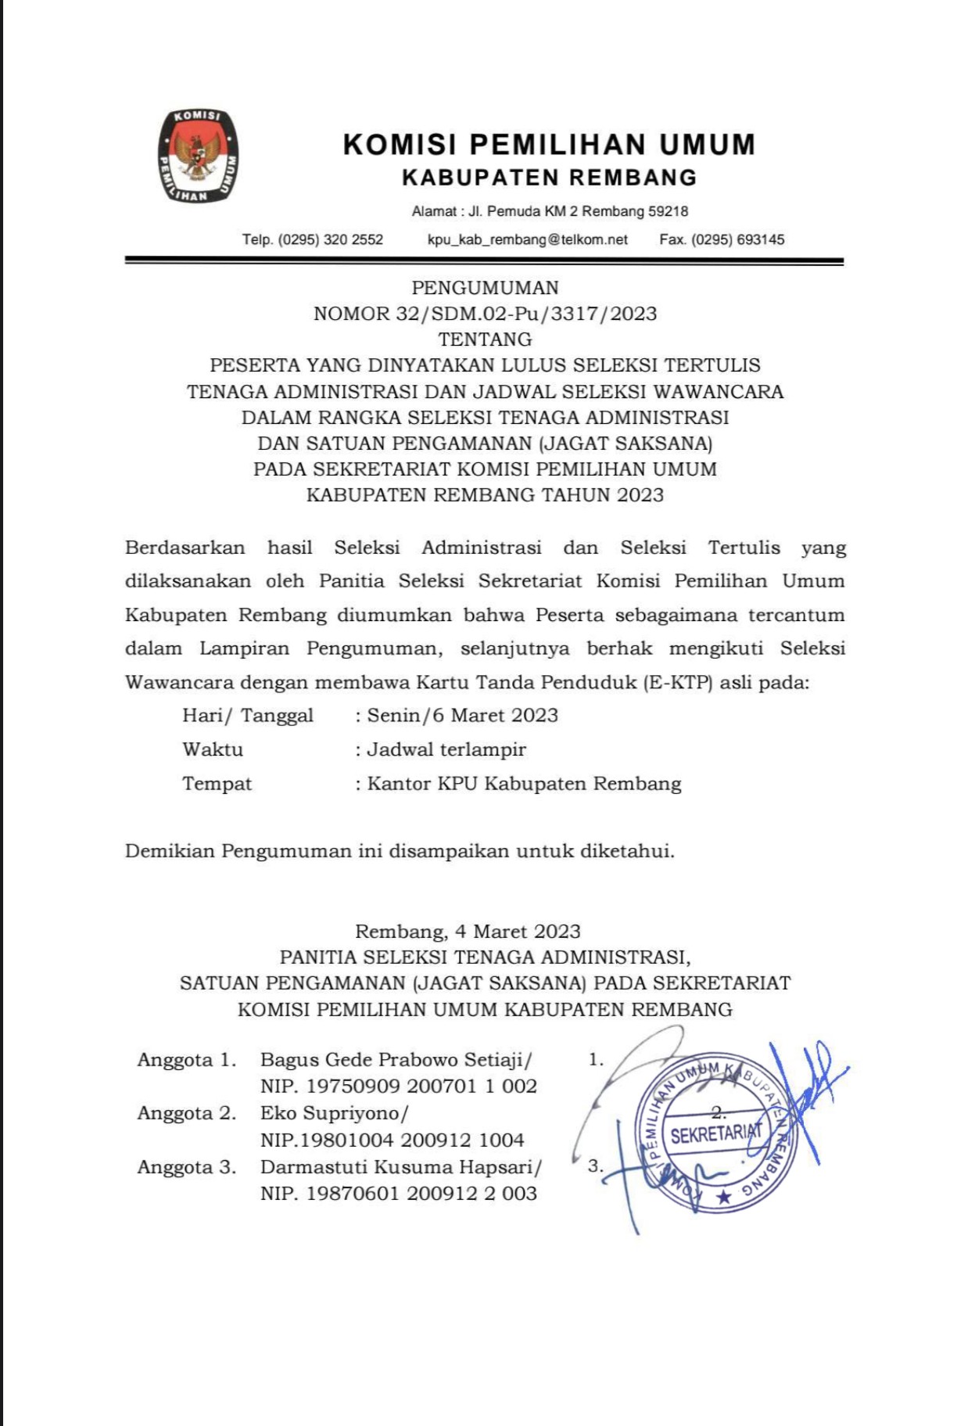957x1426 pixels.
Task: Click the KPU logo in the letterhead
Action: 198,156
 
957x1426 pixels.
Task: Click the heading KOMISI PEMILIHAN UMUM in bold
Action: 549,145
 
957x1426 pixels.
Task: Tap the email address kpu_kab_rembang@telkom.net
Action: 527,239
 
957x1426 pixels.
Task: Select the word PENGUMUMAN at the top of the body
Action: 485,288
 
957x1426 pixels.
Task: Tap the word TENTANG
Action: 485,339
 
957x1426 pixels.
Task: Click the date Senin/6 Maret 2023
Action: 463,716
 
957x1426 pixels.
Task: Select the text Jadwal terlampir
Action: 446,749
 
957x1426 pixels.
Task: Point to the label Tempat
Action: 217,784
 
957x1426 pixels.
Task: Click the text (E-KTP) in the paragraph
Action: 678,682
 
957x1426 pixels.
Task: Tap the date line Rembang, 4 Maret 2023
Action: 468,932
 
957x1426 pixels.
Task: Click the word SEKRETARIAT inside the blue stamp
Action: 715,1134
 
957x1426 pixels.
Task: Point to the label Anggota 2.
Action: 186,1113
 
